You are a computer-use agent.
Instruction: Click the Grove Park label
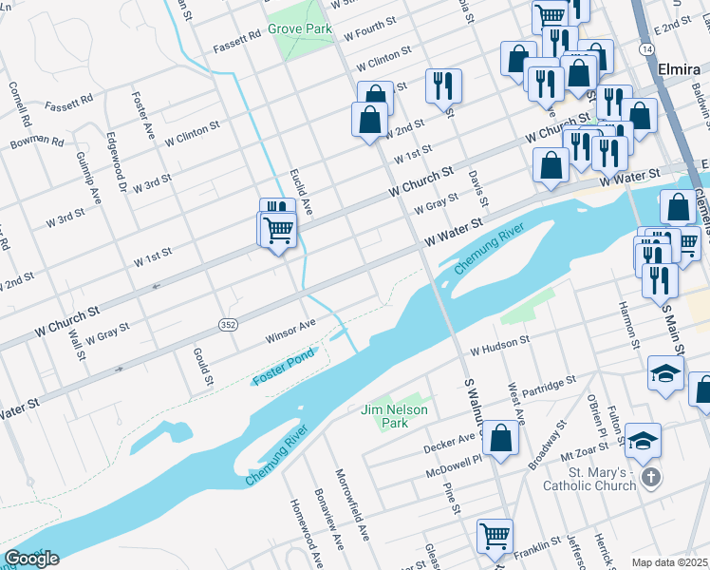pyautogui.click(x=299, y=29)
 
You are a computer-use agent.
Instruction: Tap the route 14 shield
pyautogui.click(x=647, y=47)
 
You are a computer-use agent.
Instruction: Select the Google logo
pyautogui.click(x=30, y=559)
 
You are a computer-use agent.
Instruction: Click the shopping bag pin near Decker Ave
pyautogui.click(x=501, y=439)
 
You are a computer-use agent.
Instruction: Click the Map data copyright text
pyautogui.click(x=670, y=562)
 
